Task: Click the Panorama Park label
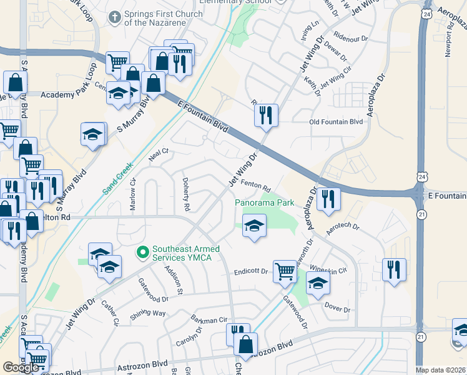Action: click(264, 203)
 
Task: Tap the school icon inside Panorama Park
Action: click(254, 226)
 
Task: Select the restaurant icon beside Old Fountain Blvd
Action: click(266, 115)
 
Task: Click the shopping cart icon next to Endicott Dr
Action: click(285, 272)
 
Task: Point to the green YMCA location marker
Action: click(142, 252)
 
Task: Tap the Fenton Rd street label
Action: click(255, 186)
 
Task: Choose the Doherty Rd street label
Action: click(185, 192)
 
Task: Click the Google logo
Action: click(21, 367)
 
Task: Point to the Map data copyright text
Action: click(440, 370)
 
